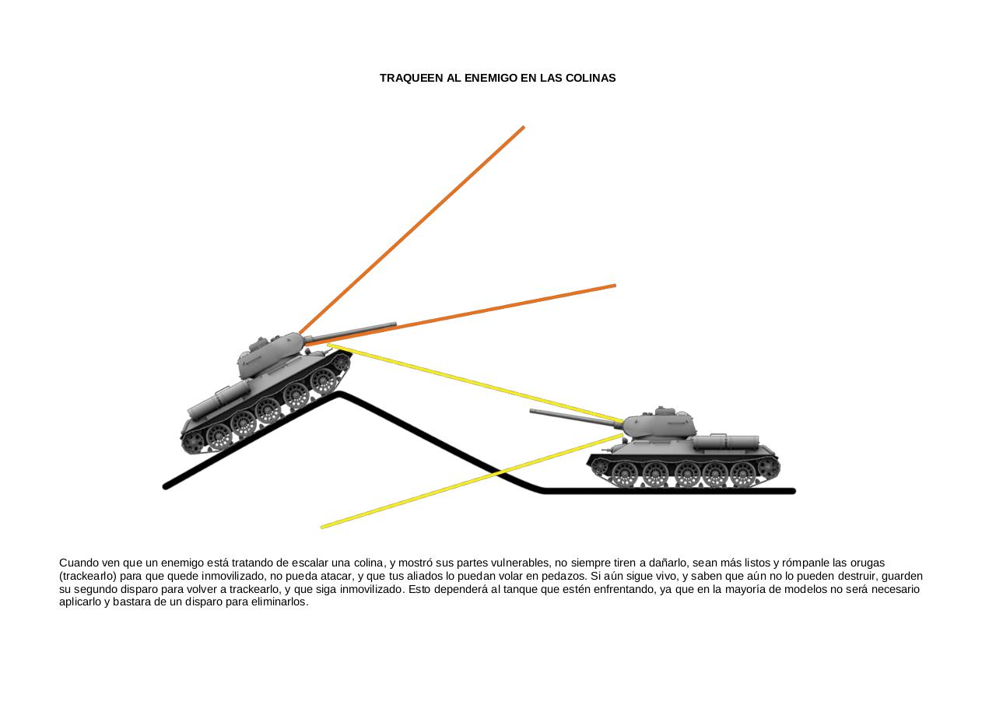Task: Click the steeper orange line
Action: [412, 230]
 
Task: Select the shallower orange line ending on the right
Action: [461, 315]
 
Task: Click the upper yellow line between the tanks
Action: [475, 383]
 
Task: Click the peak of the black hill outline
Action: [339, 394]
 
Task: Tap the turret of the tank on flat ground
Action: [659, 423]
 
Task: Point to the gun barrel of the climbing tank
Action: [350, 332]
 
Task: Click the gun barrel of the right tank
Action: [576, 416]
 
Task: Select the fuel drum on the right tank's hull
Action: [726, 442]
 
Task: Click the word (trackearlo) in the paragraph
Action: [88, 576]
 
